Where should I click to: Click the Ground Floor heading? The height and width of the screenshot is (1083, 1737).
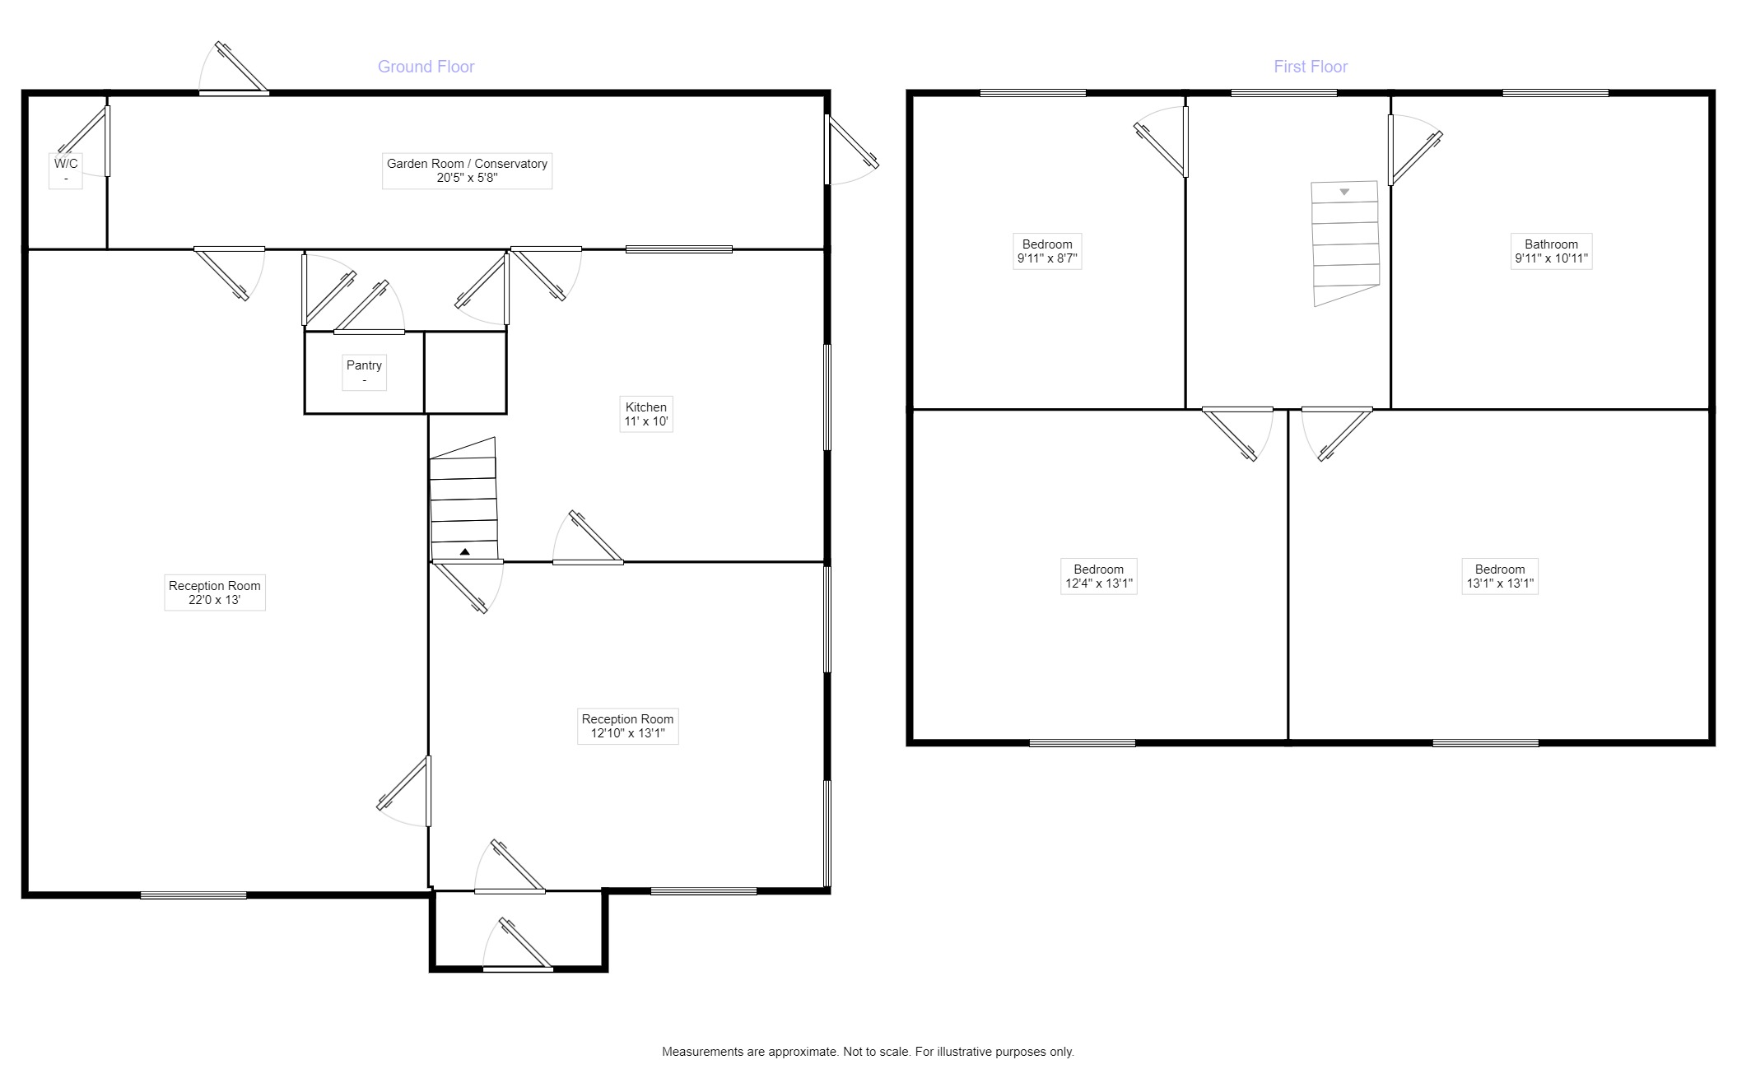pos(426,67)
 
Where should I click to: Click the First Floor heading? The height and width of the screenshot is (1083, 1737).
pos(1310,67)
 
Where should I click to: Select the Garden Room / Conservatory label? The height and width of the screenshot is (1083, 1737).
pos(467,170)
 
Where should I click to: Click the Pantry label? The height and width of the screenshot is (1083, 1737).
pos(364,372)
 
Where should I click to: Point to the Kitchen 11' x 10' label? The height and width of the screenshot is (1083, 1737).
pos(645,414)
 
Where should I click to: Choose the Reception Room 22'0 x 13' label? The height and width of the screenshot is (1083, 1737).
pos(214,593)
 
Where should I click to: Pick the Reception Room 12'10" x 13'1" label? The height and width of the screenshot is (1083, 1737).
pos(627,726)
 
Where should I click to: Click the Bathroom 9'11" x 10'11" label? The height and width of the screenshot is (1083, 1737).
pos(1551,251)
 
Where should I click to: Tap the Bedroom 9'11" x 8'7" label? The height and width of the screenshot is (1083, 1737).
pos(1046,251)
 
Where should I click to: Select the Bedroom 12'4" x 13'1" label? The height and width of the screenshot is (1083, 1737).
pos(1098,576)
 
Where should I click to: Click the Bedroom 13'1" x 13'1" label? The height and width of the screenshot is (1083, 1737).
pos(1499,576)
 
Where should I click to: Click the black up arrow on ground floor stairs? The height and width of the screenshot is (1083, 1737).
pos(464,552)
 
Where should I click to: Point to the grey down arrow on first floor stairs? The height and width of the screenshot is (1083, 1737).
pos(1344,192)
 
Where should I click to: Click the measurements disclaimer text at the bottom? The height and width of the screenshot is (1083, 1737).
pos(868,1052)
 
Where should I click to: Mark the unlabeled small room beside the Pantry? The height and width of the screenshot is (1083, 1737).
pos(465,372)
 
